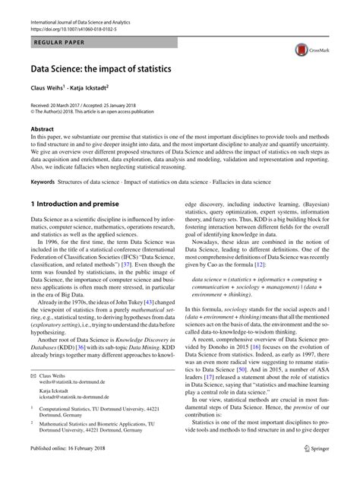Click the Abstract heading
(x=42, y=129)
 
